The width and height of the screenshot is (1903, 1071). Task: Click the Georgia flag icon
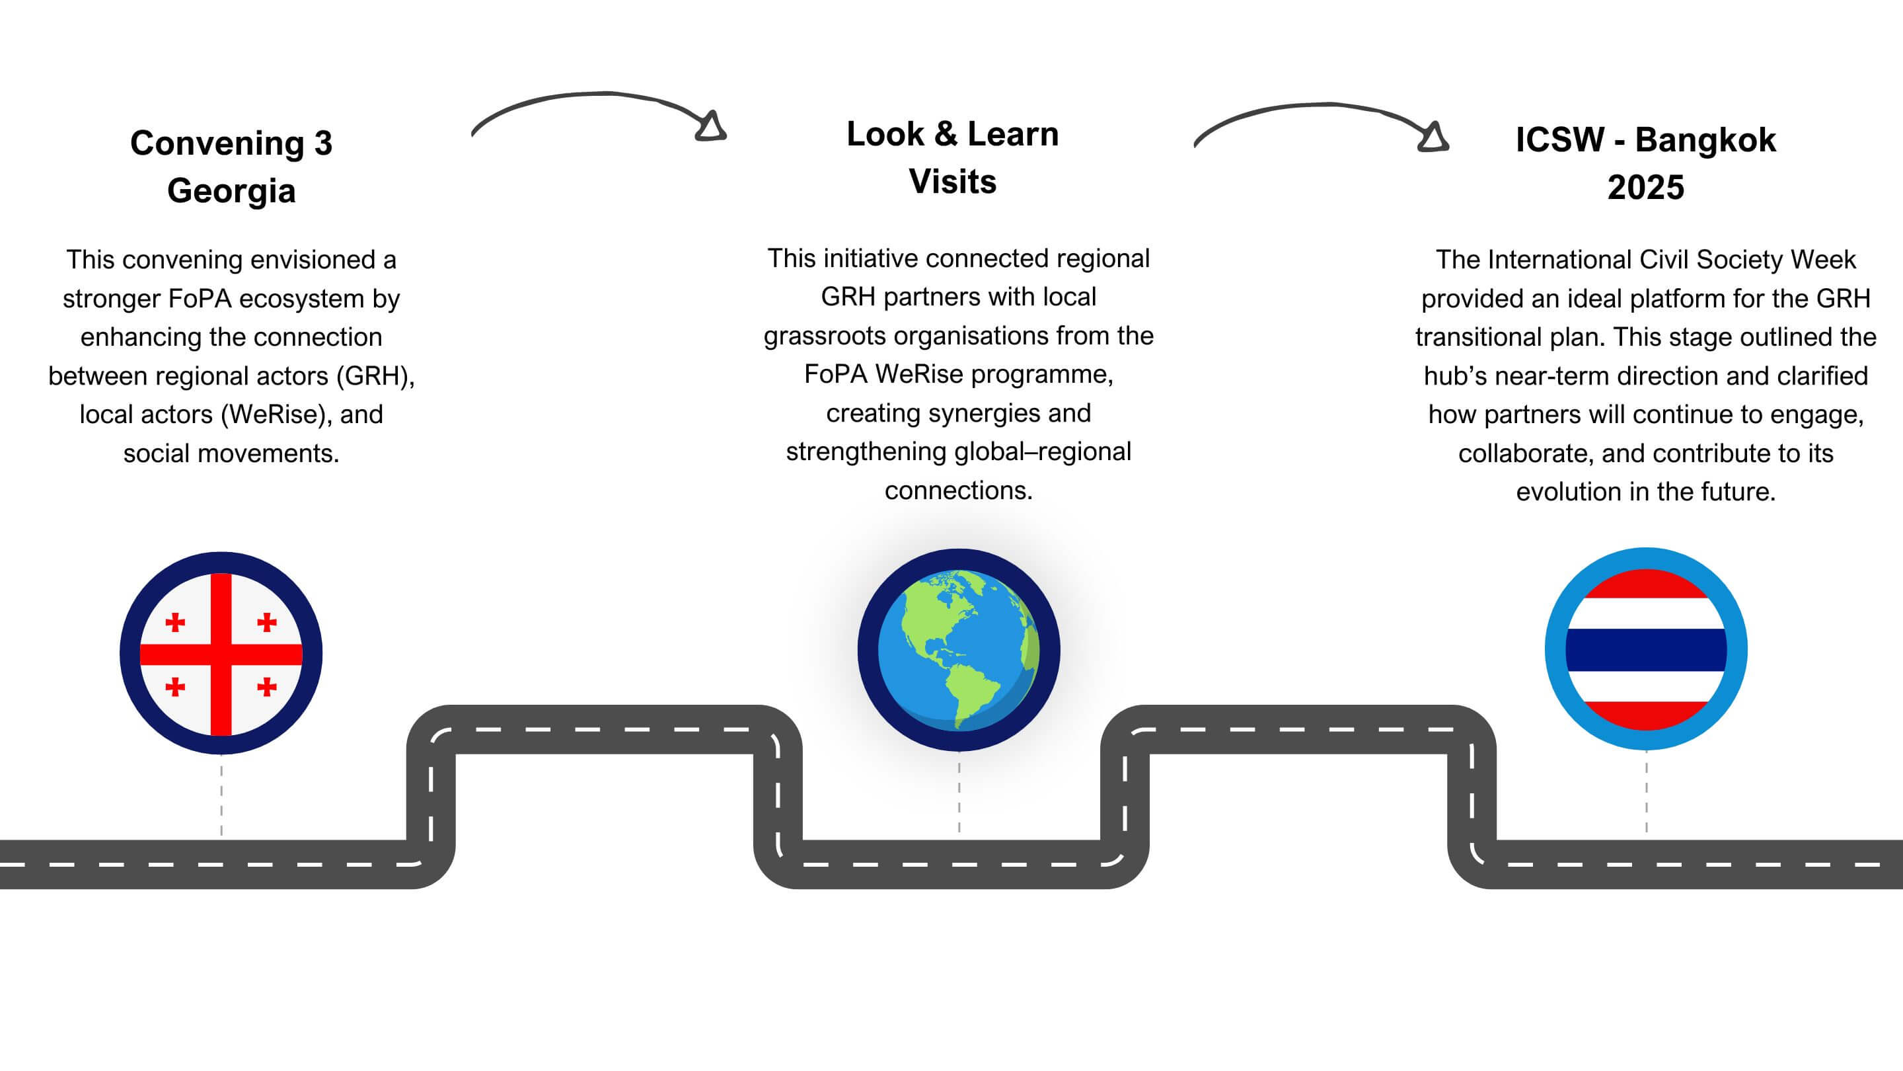221,653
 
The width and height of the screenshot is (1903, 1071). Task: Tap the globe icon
958,650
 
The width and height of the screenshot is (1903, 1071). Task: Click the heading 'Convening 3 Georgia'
231,167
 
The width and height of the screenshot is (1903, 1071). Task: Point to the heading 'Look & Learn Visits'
952,157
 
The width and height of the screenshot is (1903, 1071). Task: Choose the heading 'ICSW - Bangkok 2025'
1646,163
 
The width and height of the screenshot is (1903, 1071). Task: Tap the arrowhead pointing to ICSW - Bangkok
1433,138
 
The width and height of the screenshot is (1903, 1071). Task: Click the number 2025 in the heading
1646,188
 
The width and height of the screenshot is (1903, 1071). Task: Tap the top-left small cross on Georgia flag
175,622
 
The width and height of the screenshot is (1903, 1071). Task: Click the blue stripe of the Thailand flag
1646,650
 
